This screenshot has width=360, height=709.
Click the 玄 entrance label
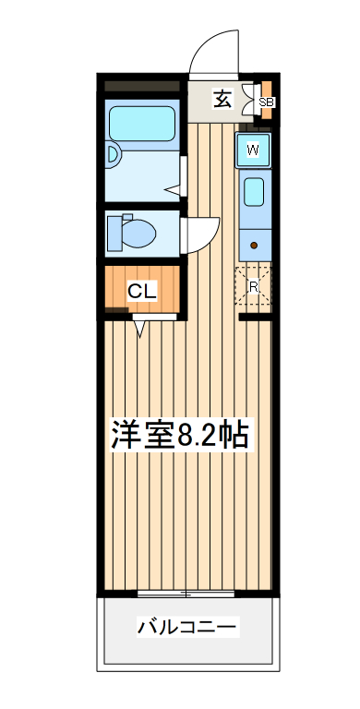point(222,99)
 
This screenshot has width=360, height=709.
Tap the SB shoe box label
point(266,102)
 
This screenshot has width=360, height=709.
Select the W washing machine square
point(252,150)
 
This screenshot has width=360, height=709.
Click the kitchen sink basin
point(253,193)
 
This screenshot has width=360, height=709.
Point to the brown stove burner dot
point(253,246)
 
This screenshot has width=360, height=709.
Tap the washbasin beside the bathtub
point(112,155)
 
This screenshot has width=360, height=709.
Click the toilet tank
point(113,231)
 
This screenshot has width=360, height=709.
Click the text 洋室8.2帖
point(180,434)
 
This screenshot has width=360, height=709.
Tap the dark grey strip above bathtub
point(143,87)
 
